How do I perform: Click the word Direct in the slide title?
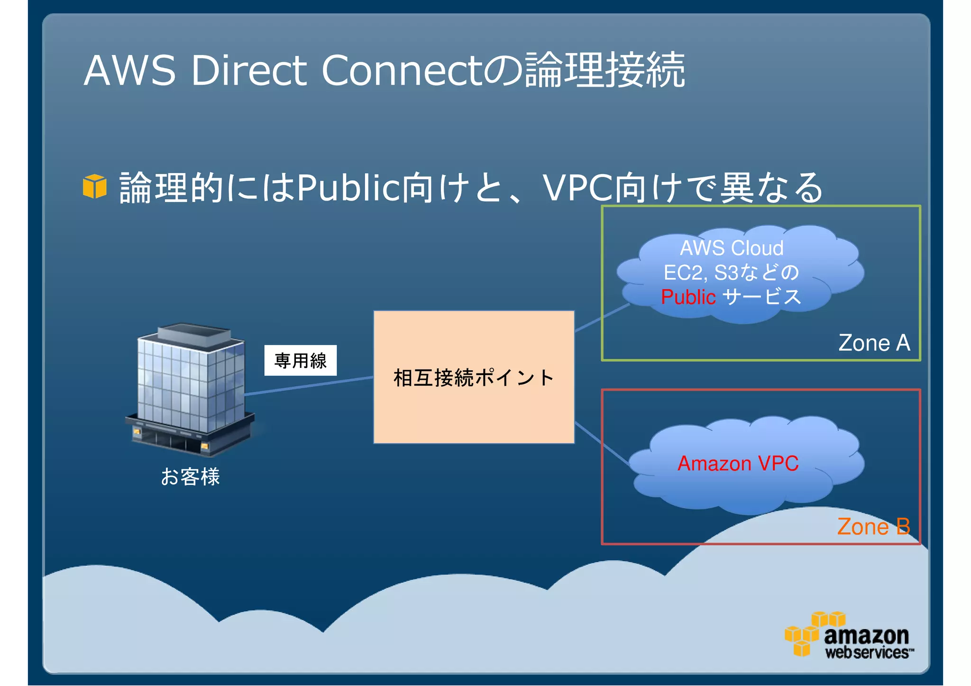(249, 71)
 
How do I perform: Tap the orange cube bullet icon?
(94, 186)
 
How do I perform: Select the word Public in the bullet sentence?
(348, 188)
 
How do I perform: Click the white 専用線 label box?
(301, 361)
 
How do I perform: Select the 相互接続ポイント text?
(474, 378)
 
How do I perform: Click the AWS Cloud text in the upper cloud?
(732, 248)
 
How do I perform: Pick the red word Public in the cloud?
(688, 297)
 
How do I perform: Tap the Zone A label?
(874, 343)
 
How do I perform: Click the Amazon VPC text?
(738, 463)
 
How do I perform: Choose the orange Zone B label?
(873, 527)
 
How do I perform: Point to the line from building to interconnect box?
(308, 385)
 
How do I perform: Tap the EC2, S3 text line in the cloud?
(732, 273)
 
